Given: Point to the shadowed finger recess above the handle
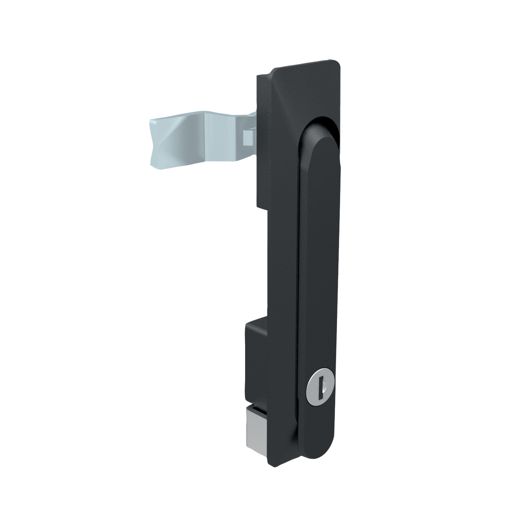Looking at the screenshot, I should click(322, 124).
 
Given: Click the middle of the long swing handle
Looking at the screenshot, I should click(319, 276).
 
